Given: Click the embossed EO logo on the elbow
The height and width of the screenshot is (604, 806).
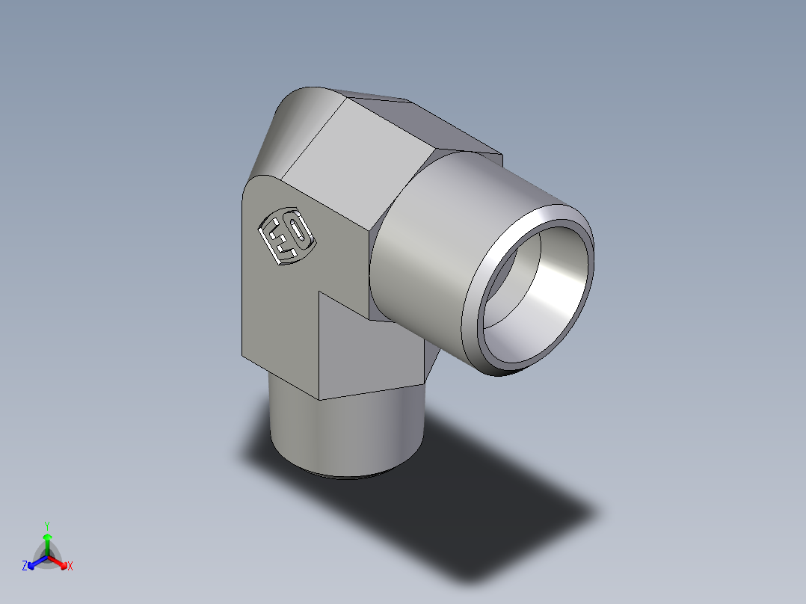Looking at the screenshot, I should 287,236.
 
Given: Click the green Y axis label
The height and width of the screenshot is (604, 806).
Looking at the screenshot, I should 46,525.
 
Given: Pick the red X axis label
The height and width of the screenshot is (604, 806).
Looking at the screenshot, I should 70,567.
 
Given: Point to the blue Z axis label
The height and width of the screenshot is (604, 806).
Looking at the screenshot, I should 25,567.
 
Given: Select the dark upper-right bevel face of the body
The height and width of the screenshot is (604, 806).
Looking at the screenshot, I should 449,127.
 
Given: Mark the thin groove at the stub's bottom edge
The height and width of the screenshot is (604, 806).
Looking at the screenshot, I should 344,475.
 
